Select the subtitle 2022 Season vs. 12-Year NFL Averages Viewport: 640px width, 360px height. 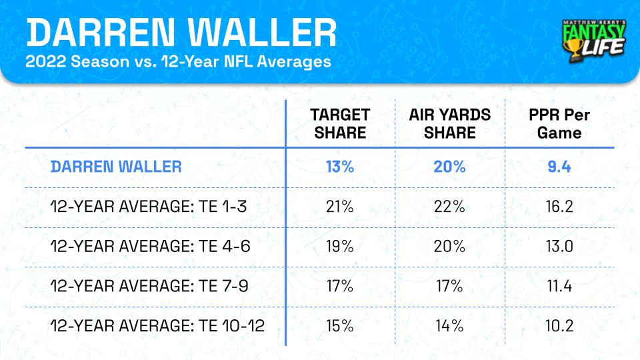coord(178,63)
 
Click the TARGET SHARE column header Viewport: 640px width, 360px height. coord(339,123)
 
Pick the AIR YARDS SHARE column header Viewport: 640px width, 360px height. coord(450,123)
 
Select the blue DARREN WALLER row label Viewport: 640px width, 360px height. coord(116,166)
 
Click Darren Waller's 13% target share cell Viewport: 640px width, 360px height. coord(339,166)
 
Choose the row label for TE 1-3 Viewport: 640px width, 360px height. coord(149,207)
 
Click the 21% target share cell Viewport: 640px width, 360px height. coord(339,207)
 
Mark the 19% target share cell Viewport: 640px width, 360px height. coord(339,247)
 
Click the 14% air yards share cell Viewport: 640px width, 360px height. coord(450,327)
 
